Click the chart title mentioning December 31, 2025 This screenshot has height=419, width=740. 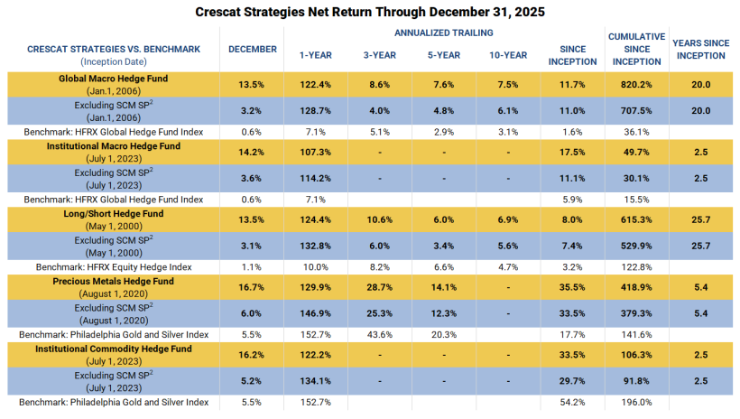370,12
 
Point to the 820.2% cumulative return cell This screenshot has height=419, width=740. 636,85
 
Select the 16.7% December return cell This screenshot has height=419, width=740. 252,287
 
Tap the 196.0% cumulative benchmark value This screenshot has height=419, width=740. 636,402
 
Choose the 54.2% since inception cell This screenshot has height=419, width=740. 572,402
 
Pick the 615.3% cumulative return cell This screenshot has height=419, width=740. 636,220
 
